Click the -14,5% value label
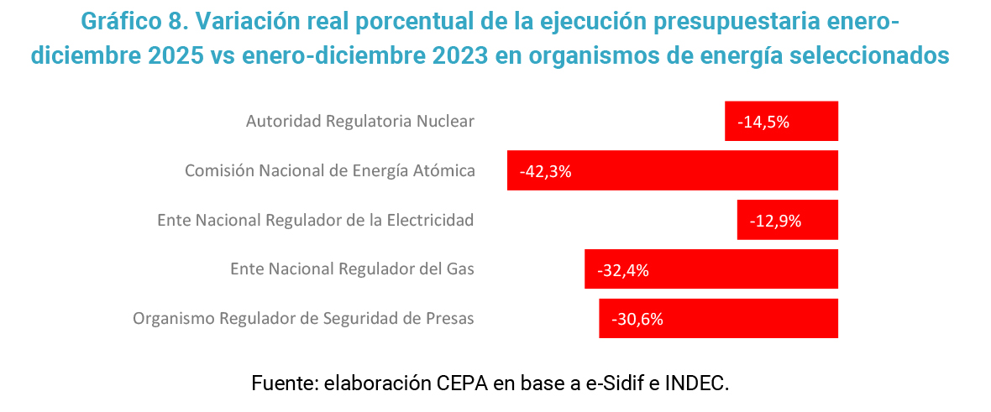coord(763,122)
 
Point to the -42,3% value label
coord(545,171)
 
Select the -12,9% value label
coord(776,221)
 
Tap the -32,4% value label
coord(622,270)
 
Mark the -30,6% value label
coord(637,319)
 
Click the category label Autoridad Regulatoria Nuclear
coord(360,122)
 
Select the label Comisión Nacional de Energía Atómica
coord(330,171)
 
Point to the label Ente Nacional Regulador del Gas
coord(352,269)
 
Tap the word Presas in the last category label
coord(451,319)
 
